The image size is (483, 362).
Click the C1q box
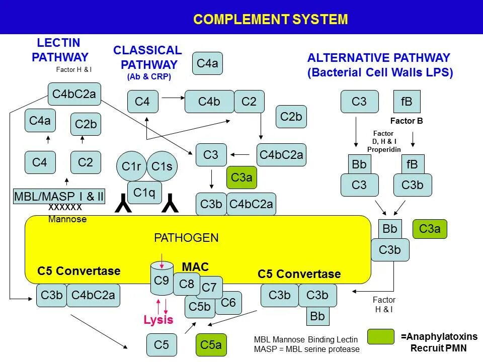pos(144,192)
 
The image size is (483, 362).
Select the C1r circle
pos(131,166)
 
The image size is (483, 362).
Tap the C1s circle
pos(162,166)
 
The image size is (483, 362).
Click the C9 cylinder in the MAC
pos(162,281)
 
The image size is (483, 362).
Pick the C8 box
pos(187,284)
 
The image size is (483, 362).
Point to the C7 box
pos(211,287)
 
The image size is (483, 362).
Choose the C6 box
pos(229,303)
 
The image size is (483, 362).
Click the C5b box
pos(199,306)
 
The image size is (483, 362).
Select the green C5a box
pos(211,345)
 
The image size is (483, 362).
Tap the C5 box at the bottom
pos(162,345)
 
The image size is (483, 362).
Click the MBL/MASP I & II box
pos(59,197)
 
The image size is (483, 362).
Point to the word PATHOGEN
pos(186,238)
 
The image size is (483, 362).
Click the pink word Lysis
pos(158,320)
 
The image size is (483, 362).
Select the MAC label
pos(195,267)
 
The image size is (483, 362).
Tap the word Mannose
pos(67,219)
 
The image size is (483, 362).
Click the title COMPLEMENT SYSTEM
pos(271,20)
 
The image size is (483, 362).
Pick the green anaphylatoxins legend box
pos(380,337)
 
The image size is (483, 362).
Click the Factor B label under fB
pos(407,121)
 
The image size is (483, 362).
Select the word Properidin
pos(384,149)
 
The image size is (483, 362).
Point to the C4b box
pos(209,102)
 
